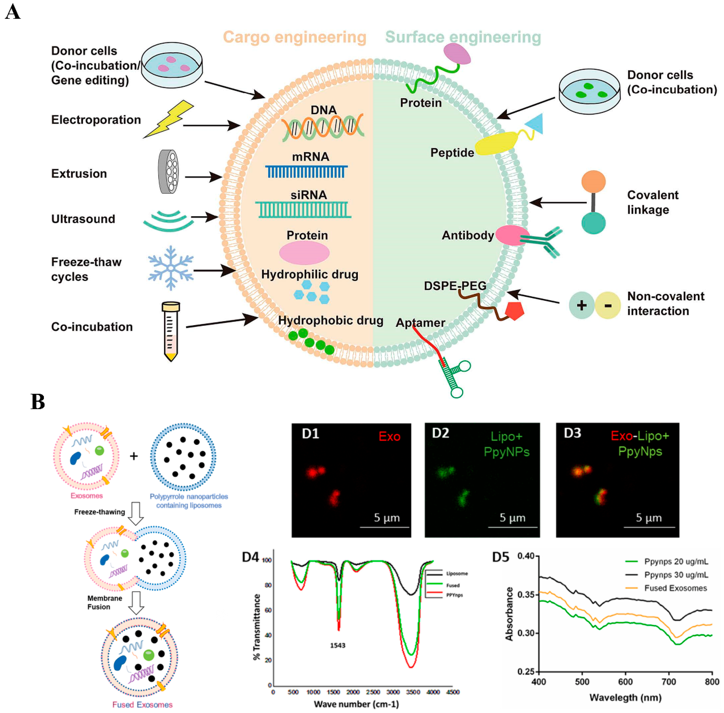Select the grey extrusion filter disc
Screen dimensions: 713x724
[169, 172]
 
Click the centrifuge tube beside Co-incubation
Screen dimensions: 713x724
[171, 331]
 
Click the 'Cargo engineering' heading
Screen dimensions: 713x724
[294, 37]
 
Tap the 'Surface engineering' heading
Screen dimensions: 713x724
[463, 37]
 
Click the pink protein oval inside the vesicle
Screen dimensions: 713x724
[304, 253]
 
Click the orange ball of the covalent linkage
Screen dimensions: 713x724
[593, 182]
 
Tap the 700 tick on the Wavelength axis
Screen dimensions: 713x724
[669, 682]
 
